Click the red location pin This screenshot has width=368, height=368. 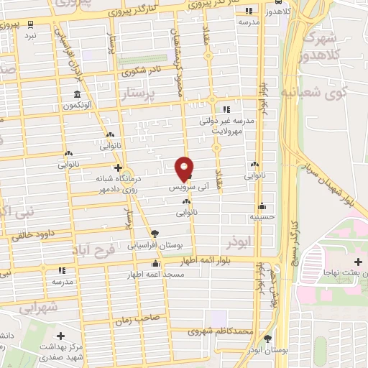click(x=185, y=167)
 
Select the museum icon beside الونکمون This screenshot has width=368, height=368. click(x=77, y=96)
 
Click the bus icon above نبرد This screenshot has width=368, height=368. click(x=30, y=23)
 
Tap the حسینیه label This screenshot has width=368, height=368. click(x=262, y=215)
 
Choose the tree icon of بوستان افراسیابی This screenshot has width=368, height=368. click(x=154, y=233)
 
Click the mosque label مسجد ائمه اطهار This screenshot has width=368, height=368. click(x=163, y=275)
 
